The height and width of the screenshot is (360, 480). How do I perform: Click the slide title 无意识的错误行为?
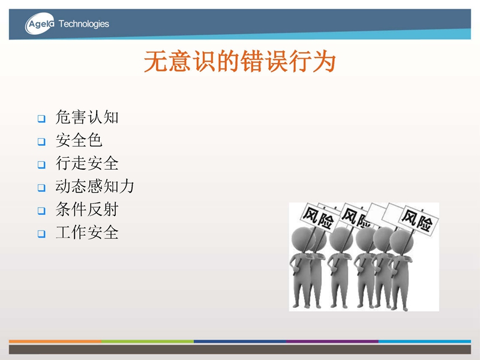pyautogui.click(x=240, y=62)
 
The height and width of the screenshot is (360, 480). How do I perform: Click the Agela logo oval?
pyautogui.click(x=40, y=23)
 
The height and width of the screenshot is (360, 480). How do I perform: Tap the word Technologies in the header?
pyautogui.click(x=83, y=24)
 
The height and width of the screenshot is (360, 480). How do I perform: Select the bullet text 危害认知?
pyautogui.click(x=87, y=117)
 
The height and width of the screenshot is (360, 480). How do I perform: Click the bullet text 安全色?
pyautogui.click(x=79, y=140)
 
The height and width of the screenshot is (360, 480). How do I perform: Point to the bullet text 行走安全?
pyautogui.click(x=87, y=163)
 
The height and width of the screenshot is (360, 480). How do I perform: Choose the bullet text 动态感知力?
pyautogui.click(x=95, y=186)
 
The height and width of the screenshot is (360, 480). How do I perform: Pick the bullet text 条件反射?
pyautogui.click(x=87, y=209)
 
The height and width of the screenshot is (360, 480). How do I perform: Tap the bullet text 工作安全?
pyautogui.click(x=87, y=232)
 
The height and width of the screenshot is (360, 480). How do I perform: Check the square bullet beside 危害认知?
pyautogui.click(x=41, y=118)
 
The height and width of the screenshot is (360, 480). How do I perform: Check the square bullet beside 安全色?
pyautogui.click(x=41, y=142)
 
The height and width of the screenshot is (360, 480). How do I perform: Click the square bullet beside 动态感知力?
pyautogui.click(x=41, y=188)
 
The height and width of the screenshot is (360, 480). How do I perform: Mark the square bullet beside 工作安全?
pyautogui.click(x=41, y=234)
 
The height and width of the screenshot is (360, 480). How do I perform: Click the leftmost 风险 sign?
pyautogui.click(x=319, y=218)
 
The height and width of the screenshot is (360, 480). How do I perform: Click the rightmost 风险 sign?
pyautogui.click(x=418, y=220)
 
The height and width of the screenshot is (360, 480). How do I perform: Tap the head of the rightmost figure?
pyautogui.click(x=401, y=242)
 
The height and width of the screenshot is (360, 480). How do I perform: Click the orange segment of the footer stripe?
pyautogui.click(x=55, y=341)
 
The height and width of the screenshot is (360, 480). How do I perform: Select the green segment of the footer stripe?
pyautogui.click(x=148, y=341)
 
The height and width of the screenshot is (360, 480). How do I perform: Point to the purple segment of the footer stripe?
pyautogui.click(x=332, y=341)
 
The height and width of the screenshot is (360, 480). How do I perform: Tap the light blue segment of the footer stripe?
pyautogui.click(x=425, y=341)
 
